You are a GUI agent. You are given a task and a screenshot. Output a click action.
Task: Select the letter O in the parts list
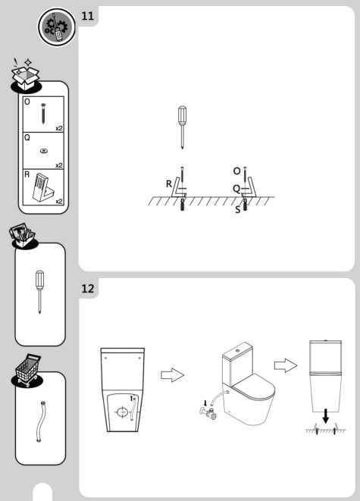[x=27, y=101]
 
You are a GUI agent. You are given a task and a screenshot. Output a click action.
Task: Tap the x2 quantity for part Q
[x=58, y=164]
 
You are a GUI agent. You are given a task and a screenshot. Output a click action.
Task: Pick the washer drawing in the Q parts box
[x=43, y=151]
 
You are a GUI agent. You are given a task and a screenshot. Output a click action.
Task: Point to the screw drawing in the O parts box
[x=43, y=114]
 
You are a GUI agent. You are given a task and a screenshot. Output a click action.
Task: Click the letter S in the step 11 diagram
[x=237, y=209]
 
